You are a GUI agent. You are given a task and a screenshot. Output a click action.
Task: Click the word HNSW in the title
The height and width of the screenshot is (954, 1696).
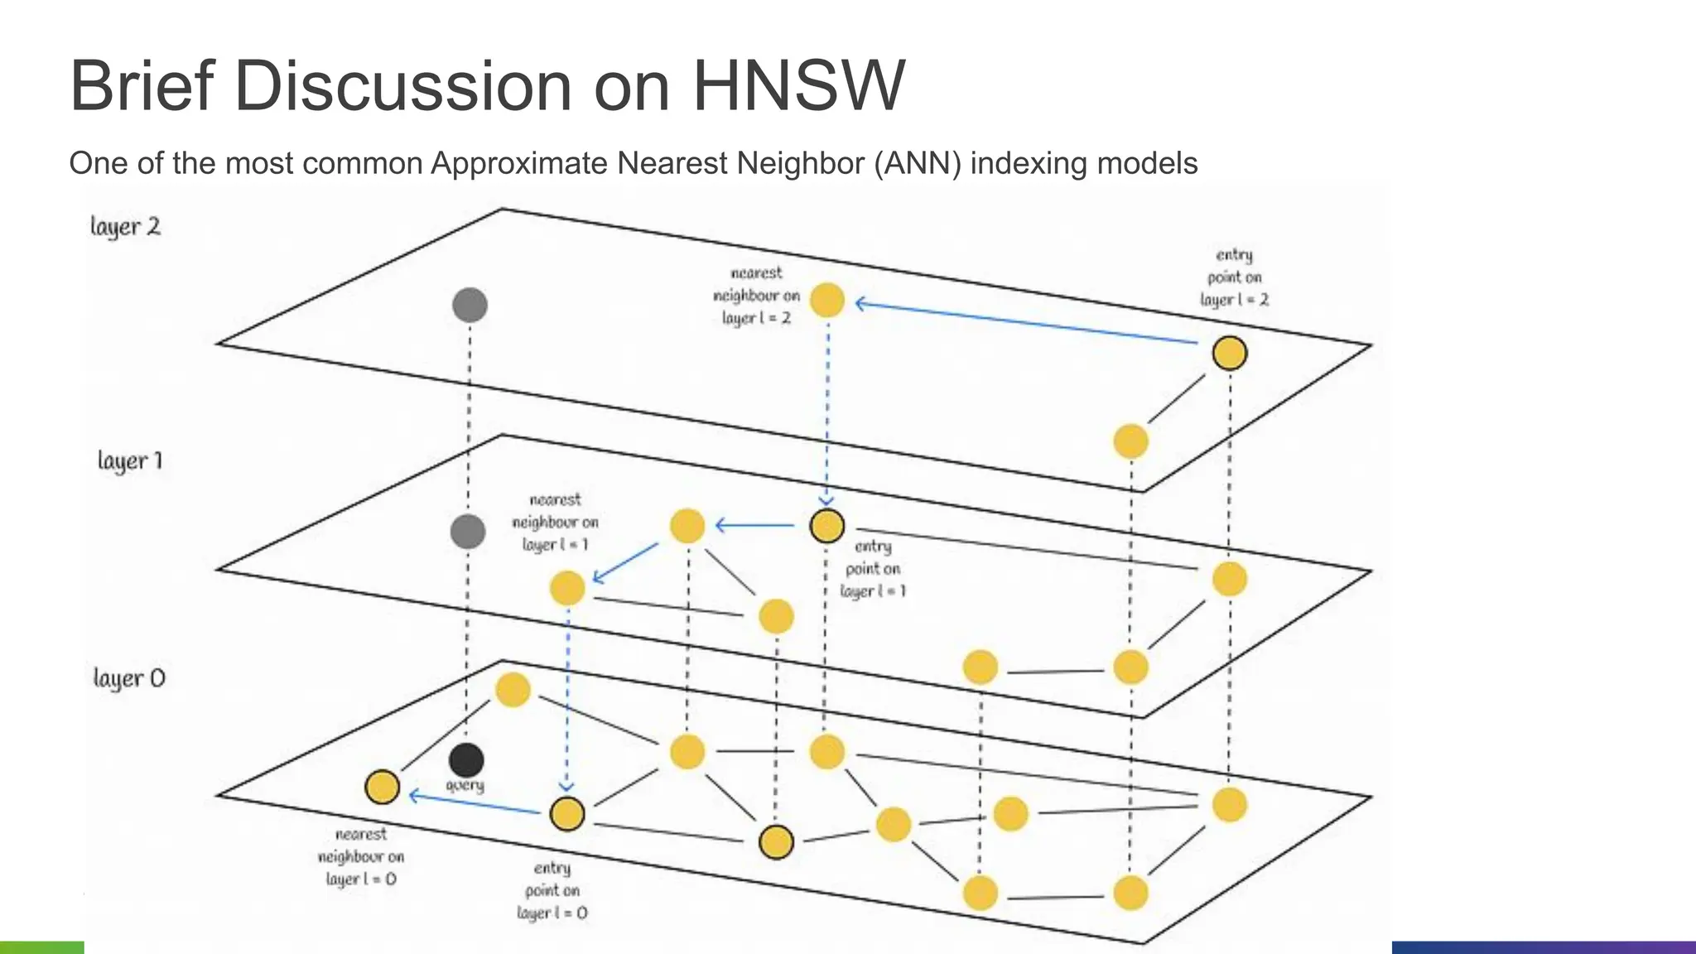pyautogui.click(x=797, y=86)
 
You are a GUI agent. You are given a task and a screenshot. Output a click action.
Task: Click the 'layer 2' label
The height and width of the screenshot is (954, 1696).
pyautogui.click(x=125, y=227)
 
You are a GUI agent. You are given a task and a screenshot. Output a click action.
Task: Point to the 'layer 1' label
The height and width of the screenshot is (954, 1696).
pyautogui.click(x=130, y=460)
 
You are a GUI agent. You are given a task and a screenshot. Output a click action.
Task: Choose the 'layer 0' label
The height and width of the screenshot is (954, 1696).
pyautogui.click(x=129, y=678)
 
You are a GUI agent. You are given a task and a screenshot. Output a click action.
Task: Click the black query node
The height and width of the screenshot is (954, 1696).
pyautogui.click(x=466, y=760)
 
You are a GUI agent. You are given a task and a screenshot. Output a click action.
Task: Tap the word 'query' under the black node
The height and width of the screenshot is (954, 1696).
pyautogui.click(x=465, y=784)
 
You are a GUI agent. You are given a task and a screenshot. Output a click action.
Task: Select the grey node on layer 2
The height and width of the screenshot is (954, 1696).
pyautogui.click(x=470, y=305)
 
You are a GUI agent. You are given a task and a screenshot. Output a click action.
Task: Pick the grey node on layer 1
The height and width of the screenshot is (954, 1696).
pyautogui.click(x=468, y=531)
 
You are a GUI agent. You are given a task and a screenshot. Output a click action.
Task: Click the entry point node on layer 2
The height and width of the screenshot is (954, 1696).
pyautogui.click(x=1230, y=353)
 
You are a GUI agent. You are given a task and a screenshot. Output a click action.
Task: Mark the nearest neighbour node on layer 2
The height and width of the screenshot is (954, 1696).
pyautogui.click(x=826, y=300)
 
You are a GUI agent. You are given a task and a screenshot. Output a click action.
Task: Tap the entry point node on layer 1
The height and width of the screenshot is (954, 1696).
pyautogui.click(x=826, y=526)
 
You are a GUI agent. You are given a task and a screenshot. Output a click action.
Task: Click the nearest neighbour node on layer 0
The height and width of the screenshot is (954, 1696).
pyautogui.click(x=382, y=787)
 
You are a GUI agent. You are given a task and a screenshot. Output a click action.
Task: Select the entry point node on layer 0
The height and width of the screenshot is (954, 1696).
pyautogui.click(x=567, y=813)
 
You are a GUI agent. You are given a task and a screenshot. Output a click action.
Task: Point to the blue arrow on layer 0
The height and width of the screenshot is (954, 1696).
pyautogui.click(x=475, y=803)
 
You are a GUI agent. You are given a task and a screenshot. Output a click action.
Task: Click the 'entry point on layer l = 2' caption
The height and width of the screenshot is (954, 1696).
pyautogui.click(x=1234, y=277)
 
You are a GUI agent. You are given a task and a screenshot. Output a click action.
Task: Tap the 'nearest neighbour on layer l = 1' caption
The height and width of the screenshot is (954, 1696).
pyautogui.click(x=555, y=522)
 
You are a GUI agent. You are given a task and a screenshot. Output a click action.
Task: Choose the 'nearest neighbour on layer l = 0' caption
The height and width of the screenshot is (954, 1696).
pyautogui.click(x=361, y=856)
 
